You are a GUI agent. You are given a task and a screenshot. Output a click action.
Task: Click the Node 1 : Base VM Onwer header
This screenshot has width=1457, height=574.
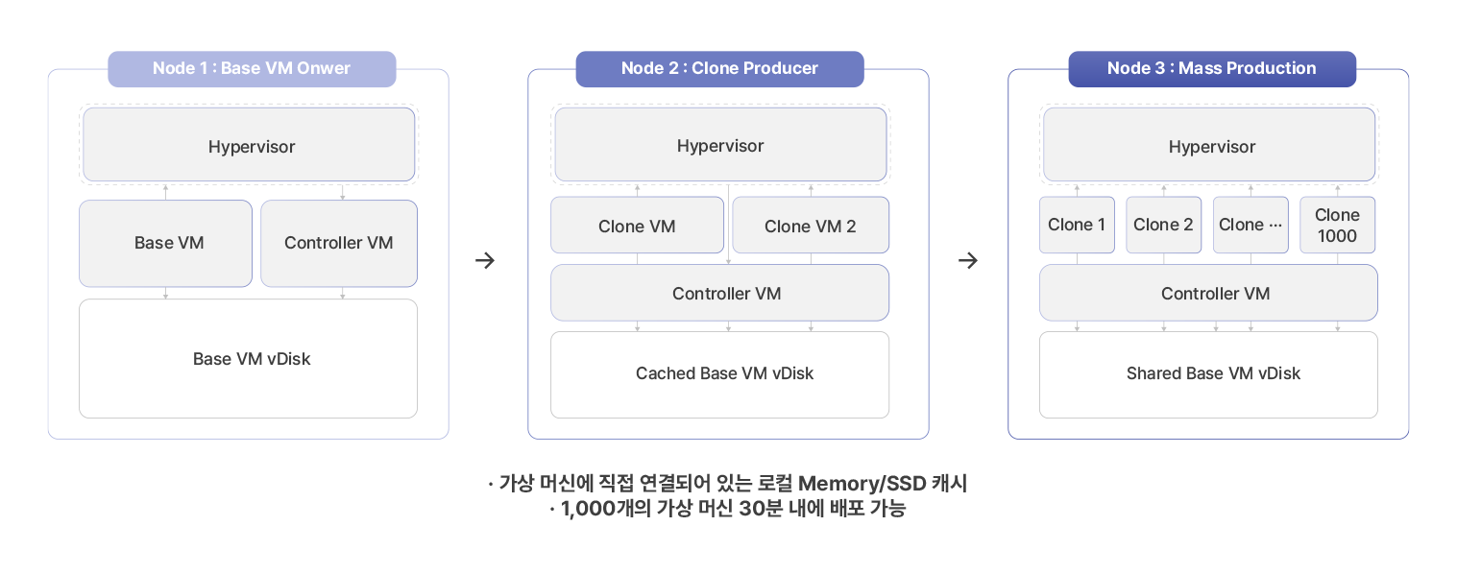coord(252,68)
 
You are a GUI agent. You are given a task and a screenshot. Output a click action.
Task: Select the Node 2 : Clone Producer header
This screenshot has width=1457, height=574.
coord(719,68)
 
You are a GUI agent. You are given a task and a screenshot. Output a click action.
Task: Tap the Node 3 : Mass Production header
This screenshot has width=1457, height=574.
coord(1211,68)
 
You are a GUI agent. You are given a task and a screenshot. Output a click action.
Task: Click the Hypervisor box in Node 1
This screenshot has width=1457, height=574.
coord(250,146)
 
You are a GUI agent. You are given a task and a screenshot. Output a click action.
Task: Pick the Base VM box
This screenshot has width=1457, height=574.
coord(168,243)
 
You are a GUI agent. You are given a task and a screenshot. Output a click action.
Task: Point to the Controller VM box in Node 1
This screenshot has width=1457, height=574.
coord(338,243)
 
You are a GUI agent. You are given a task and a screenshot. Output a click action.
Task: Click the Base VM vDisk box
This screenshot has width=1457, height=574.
coord(250,359)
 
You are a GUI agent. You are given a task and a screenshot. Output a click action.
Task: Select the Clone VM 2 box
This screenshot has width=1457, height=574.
coord(810,226)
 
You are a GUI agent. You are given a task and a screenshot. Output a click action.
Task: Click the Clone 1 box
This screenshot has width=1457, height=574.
coord(1077,225)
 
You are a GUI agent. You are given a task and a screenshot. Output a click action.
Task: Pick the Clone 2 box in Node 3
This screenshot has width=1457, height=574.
coord(1163,225)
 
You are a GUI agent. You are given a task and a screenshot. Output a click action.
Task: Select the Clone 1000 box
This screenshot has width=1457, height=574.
coord(1337,225)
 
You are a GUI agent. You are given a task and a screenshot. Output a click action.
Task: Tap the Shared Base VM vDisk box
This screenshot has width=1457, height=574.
coord(1213,373)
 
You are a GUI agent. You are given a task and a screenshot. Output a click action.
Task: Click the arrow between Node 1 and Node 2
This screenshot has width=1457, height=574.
coord(486,260)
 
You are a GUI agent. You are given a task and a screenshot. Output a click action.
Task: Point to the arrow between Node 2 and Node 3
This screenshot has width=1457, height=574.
coord(968,260)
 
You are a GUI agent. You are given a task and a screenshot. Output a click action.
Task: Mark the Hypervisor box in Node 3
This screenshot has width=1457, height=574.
coord(1211,146)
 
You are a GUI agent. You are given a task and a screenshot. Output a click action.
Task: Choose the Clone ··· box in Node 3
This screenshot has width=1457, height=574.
coord(1251,225)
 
